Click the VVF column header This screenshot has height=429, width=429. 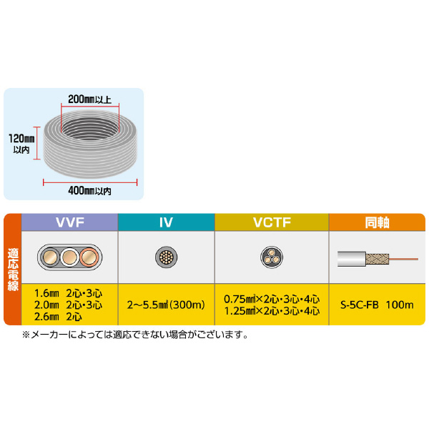70,222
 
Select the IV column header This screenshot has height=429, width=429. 166,222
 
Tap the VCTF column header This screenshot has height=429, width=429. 272,222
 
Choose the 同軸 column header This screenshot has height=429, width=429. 377,222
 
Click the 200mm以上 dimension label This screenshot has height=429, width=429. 90,99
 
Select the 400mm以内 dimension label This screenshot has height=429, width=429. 90,191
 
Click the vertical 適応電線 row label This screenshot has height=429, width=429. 13,270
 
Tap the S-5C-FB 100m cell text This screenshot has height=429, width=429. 377,305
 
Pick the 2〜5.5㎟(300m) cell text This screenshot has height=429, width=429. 166,305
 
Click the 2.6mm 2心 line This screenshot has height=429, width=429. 58,317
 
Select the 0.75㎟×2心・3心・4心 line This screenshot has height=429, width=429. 272,299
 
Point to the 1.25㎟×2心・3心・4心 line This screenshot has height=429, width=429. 272,311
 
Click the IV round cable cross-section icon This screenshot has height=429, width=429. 166,257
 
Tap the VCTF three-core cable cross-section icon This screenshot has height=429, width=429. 272,257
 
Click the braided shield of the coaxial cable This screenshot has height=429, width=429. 378,259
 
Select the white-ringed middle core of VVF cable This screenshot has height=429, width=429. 69,257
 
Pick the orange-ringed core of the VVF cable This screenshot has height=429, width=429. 89,257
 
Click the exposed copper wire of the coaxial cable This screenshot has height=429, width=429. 403,259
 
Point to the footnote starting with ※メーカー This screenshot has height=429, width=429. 135,335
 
